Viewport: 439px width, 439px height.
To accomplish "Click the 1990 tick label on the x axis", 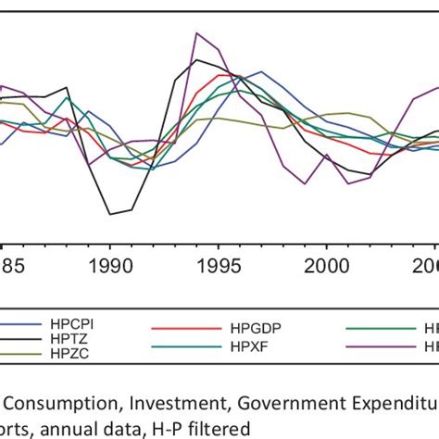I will tap(109, 265).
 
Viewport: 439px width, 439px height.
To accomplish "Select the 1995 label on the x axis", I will tap(218, 265).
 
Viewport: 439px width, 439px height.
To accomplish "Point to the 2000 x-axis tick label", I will tap(326, 265).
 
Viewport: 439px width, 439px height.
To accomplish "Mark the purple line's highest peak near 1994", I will tap(196, 33).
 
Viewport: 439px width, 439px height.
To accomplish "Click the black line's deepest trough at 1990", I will tap(110, 215).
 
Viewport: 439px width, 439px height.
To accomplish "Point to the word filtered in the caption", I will tap(220, 427).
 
